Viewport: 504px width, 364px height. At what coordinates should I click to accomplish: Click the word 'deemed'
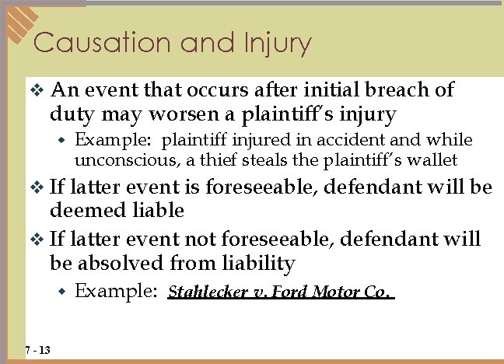tap(81, 211)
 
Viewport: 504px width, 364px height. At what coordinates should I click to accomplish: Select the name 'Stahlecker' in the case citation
tap(204, 292)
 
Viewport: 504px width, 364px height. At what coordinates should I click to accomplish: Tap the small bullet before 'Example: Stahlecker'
tap(64, 292)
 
